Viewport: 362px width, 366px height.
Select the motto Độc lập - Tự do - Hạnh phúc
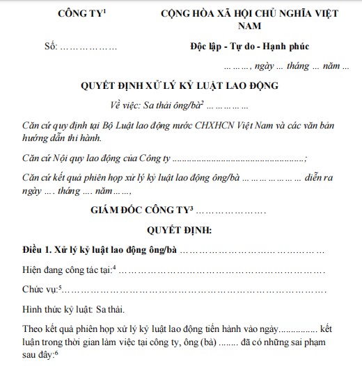click(249, 47)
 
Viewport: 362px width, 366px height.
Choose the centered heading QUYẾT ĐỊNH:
click(180, 229)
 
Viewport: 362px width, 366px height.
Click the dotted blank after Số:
click(90, 48)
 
